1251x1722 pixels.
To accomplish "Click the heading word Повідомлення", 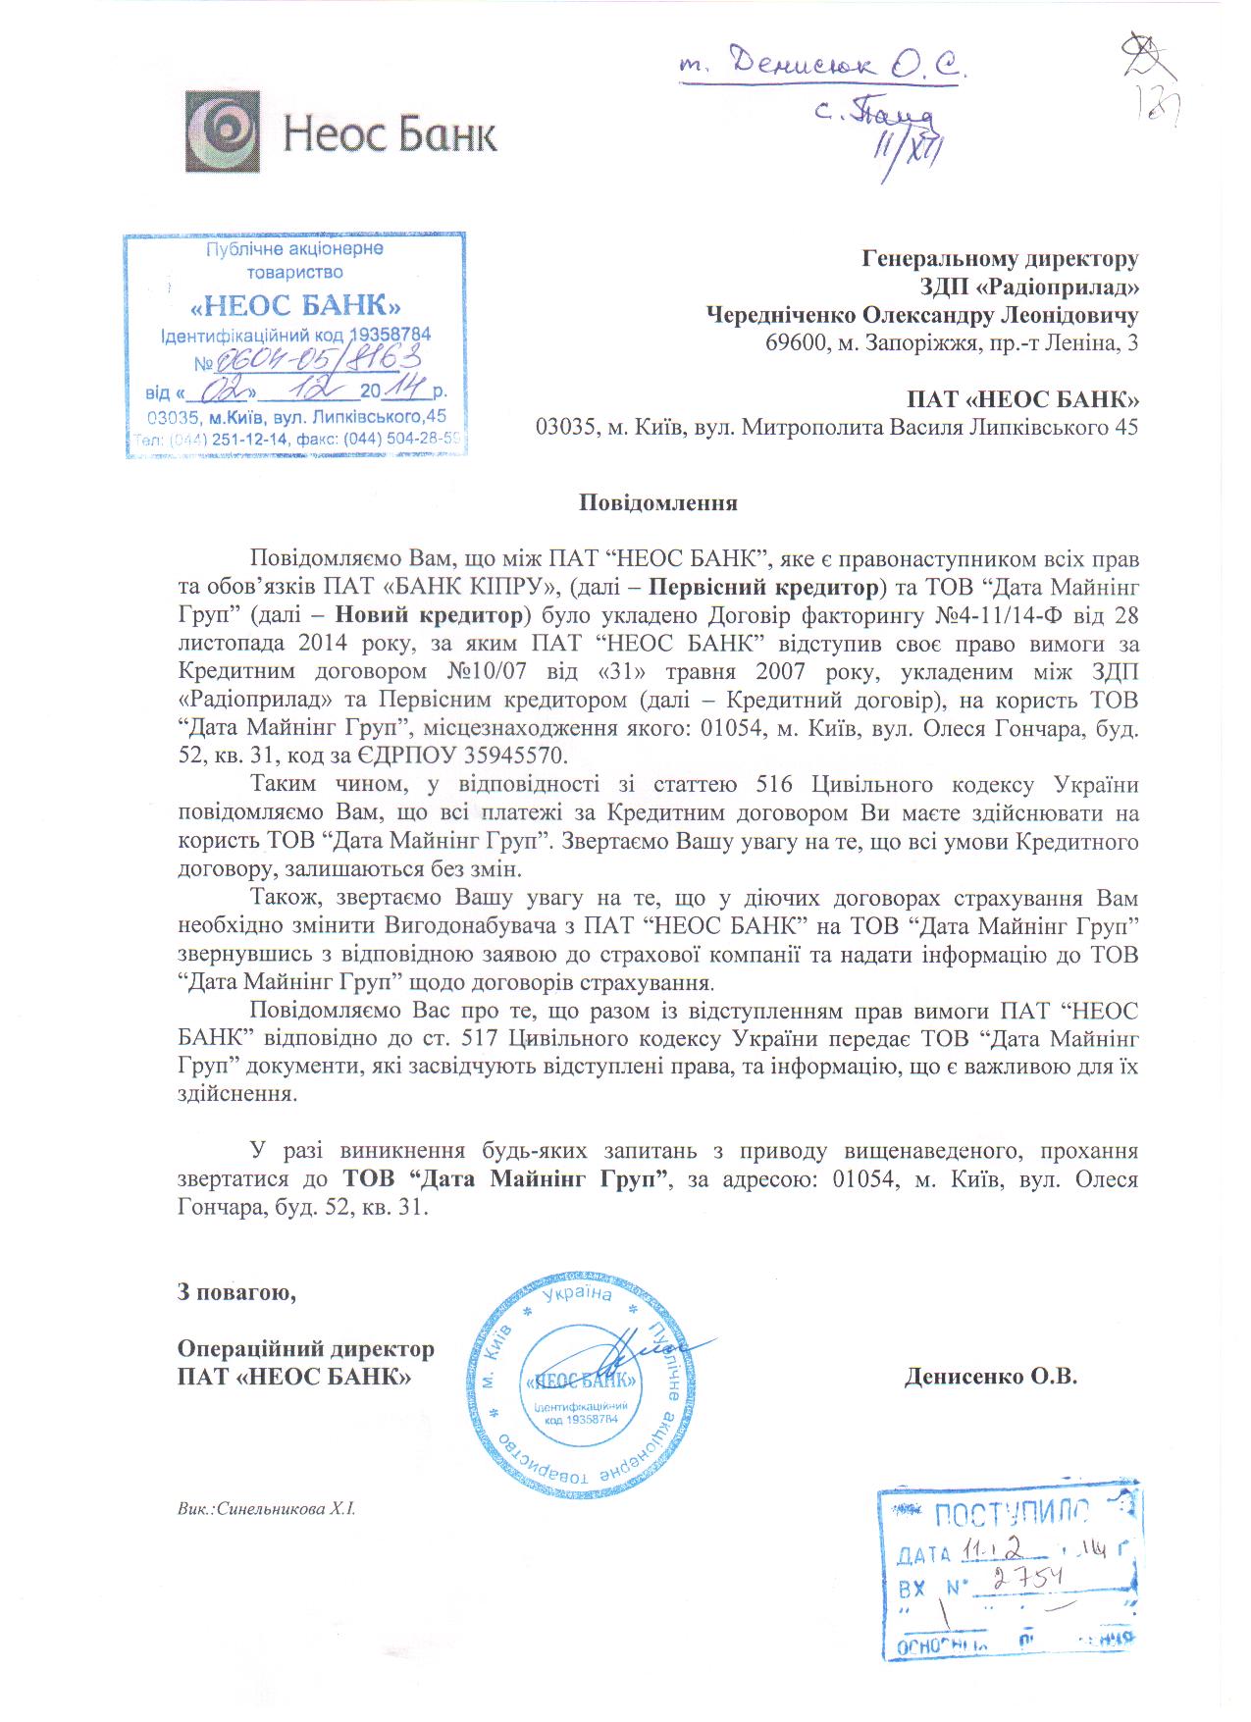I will point(657,503).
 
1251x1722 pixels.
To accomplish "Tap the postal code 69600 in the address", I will point(793,343).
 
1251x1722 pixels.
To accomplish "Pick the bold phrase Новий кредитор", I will point(430,616).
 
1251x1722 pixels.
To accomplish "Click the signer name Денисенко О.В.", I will point(990,1376).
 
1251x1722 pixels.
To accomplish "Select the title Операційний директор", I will point(305,1349).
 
